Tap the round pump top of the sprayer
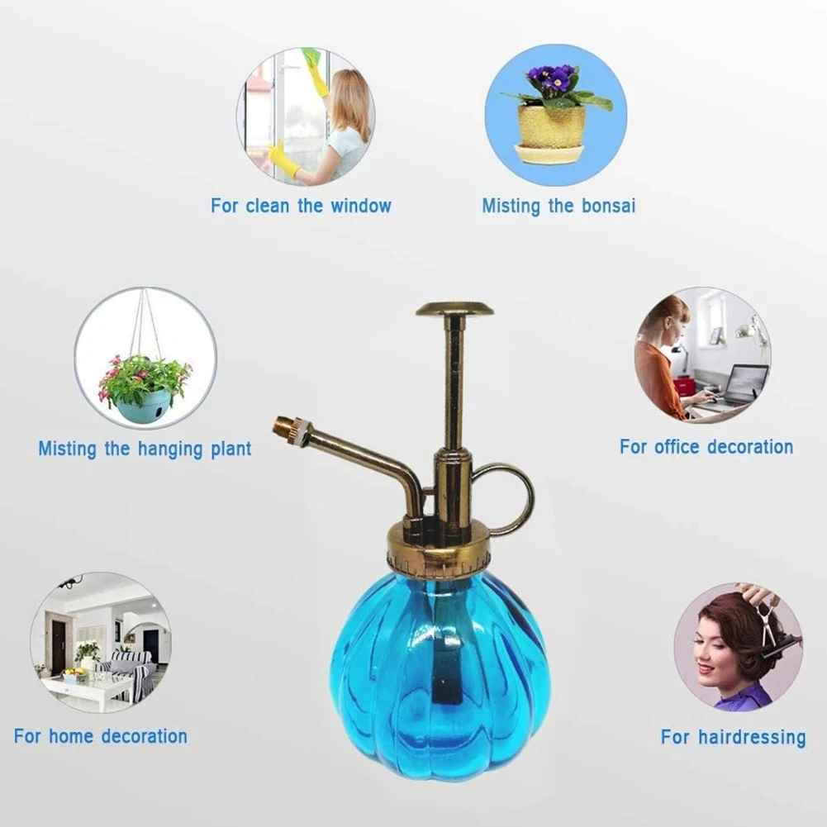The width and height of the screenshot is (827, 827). (x=454, y=310)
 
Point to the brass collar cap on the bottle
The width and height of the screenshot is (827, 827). (x=438, y=552)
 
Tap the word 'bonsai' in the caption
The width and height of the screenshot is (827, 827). (x=607, y=206)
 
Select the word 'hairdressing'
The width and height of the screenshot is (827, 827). (x=753, y=737)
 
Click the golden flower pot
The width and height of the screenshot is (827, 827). (x=551, y=127)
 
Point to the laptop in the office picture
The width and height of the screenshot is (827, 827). (x=741, y=384)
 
